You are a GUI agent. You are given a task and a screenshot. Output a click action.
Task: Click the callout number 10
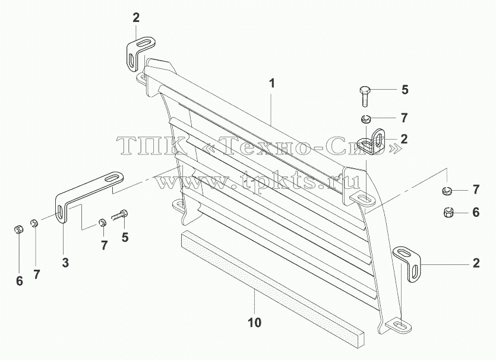click(x=255, y=323)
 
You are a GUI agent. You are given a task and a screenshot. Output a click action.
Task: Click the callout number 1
click(x=271, y=84)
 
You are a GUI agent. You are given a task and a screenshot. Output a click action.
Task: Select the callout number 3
click(x=65, y=263)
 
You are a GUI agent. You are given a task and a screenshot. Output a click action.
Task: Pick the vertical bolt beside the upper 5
click(x=364, y=96)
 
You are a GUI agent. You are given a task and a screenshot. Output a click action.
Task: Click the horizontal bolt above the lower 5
click(x=119, y=215)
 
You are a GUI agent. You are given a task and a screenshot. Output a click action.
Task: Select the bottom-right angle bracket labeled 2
click(x=407, y=262)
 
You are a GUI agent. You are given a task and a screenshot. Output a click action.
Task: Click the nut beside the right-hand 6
click(x=449, y=213)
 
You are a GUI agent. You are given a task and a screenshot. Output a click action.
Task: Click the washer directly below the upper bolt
click(x=366, y=119)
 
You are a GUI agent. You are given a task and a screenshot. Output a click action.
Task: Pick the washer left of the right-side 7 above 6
click(x=447, y=191)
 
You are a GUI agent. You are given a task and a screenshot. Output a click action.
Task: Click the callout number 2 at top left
click(x=135, y=18)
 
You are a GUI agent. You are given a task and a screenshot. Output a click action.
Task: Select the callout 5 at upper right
click(x=405, y=90)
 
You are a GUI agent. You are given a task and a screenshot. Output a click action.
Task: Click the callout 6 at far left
click(x=19, y=281)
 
